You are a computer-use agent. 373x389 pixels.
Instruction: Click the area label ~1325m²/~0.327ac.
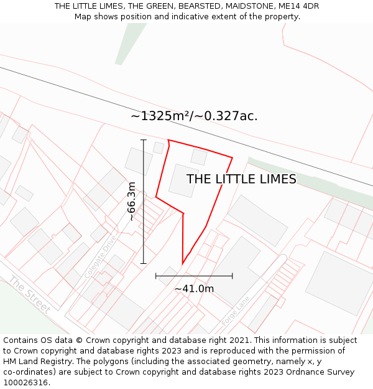[x=194, y=116]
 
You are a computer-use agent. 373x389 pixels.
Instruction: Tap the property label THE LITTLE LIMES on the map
[x=241, y=179]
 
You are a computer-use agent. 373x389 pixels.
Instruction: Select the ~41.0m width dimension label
[x=194, y=289]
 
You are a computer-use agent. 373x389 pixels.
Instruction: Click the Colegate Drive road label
[x=100, y=256]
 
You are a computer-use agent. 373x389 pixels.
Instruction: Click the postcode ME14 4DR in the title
[x=297, y=6]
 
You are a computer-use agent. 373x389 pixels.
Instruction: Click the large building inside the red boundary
[x=183, y=180]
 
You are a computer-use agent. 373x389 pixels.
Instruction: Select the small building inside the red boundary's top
[x=199, y=156]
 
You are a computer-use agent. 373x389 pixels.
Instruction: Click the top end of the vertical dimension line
[x=144, y=140]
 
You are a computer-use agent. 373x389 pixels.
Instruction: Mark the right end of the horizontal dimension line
[x=233, y=276]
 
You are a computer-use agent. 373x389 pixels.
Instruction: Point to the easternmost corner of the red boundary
[x=233, y=157]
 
